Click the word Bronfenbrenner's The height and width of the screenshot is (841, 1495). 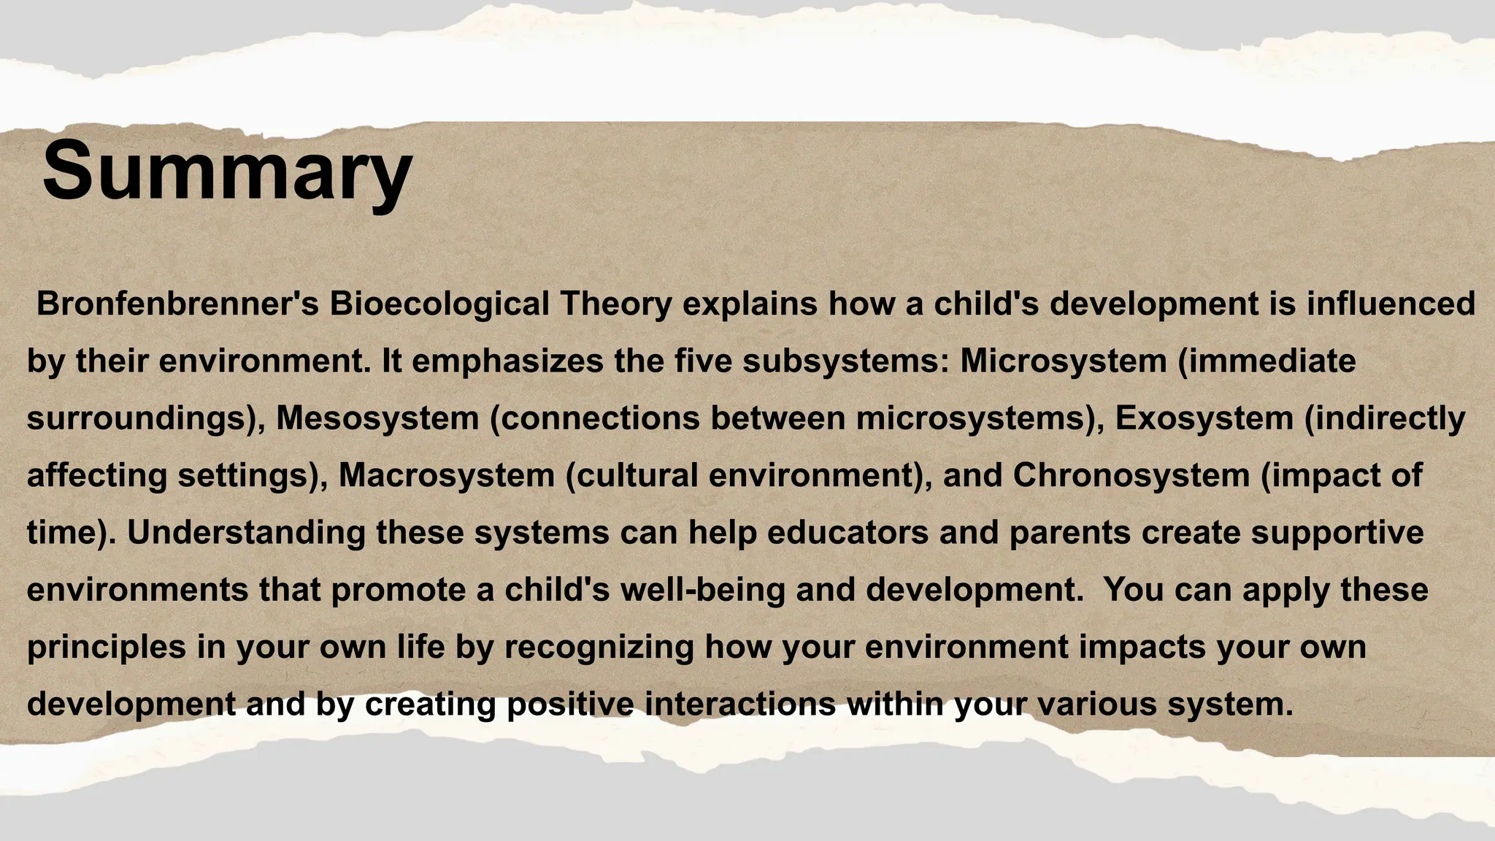tap(177, 304)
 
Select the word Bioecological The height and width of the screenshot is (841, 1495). tap(439, 304)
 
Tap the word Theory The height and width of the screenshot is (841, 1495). tap(615, 304)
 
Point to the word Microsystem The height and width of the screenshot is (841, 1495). tap(1063, 361)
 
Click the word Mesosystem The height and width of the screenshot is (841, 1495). tap(377, 418)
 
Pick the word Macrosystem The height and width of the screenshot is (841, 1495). tap(447, 475)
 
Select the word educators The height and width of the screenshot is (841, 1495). tap(848, 533)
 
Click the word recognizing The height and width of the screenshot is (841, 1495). tap(599, 648)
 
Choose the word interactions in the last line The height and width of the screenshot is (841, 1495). tap(740, 704)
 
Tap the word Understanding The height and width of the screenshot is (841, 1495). tap(247, 533)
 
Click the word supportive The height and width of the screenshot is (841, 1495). tap(1337, 533)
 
